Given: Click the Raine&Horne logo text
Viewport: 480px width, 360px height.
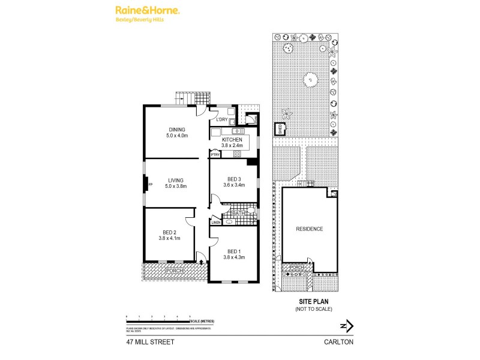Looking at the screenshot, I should tap(146, 11).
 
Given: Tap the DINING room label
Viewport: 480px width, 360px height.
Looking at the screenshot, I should tap(176, 130).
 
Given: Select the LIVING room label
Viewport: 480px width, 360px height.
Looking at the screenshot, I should tap(176, 180).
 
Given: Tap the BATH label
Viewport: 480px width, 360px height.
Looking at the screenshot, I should tap(238, 213).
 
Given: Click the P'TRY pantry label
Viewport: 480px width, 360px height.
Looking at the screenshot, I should tap(215, 155).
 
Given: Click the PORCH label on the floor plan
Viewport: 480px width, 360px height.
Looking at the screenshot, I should tap(175, 271).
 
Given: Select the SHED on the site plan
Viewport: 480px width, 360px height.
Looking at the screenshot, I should tap(278, 129).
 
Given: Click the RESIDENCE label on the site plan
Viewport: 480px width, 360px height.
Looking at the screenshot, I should tap(309, 229).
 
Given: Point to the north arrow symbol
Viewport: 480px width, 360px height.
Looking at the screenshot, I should tap(347, 326).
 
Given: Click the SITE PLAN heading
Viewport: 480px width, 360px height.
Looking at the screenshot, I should tap(313, 302).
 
